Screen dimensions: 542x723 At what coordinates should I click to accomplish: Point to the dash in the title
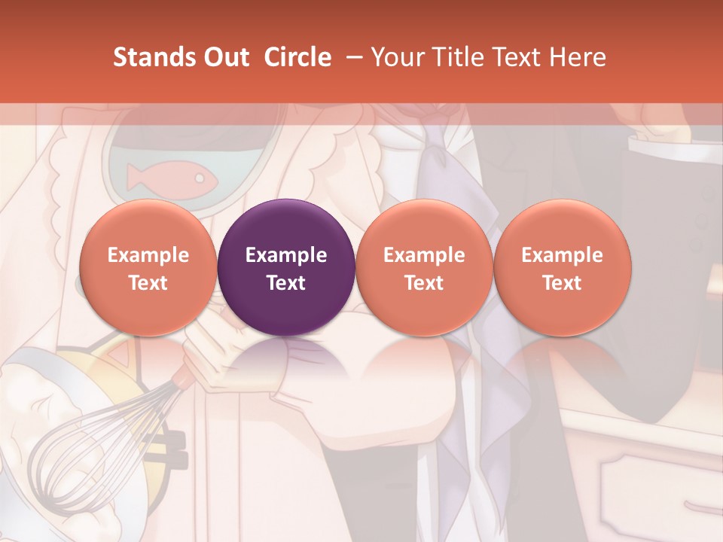tap(351, 58)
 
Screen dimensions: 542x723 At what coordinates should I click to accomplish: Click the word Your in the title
tap(395, 57)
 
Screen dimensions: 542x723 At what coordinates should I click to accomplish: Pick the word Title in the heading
tap(454, 57)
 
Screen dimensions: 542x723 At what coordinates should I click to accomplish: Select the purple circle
tap(286, 267)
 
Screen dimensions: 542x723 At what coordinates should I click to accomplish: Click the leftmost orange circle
tap(148, 267)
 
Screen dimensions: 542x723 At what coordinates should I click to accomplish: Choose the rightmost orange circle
tap(563, 267)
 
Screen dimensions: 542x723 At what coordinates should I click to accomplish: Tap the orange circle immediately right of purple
tap(424, 267)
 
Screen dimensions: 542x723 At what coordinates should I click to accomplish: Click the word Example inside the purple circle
tap(286, 255)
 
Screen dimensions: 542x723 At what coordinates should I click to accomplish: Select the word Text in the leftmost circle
tap(148, 283)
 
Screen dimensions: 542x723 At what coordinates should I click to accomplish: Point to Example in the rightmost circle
tap(563, 255)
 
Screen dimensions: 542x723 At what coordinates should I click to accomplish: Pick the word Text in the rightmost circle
tap(563, 283)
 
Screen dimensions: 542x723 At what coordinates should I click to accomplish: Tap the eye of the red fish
tap(200, 178)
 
